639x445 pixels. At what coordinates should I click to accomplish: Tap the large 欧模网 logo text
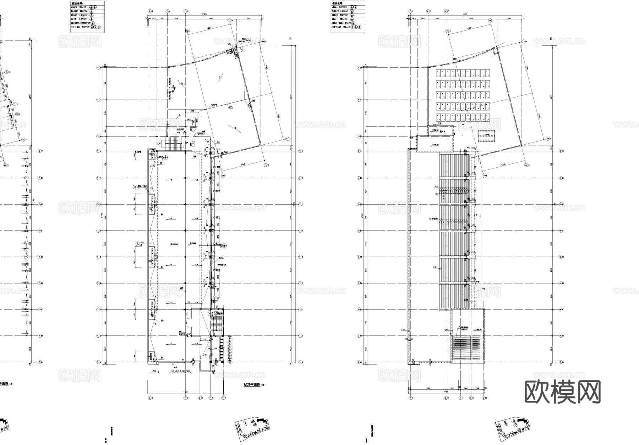point(562,392)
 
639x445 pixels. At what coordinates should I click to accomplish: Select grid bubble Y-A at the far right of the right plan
point(561,362)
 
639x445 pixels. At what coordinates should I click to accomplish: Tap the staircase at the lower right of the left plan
point(215,323)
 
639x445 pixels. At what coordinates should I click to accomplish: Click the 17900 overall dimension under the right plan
point(445,392)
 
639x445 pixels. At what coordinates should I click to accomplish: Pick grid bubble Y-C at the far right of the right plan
point(561,310)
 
